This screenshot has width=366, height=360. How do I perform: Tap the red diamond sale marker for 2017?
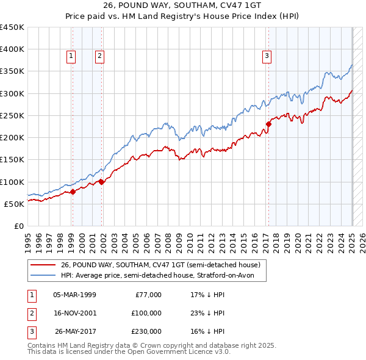click(x=268, y=124)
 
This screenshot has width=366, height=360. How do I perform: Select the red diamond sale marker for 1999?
click(x=73, y=192)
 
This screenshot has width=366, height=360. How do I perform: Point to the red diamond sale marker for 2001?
click(x=101, y=181)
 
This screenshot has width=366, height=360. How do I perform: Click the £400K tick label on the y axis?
click(x=12, y=49)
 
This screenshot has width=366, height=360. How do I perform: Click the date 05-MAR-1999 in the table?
click(x=75, y=295)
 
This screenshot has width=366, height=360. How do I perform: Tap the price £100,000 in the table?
click(x=146, y=313)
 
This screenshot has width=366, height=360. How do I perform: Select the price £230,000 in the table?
click(x=146, y=331)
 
